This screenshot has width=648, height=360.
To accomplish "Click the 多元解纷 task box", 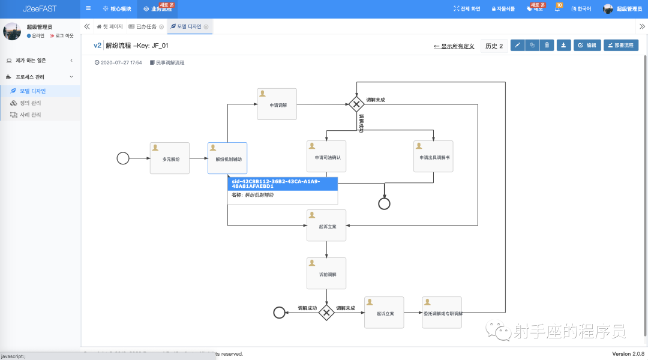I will click(170, 158).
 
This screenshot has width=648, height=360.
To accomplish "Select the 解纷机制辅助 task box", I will click(227, 158).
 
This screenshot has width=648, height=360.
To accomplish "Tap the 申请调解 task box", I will click(277, 104).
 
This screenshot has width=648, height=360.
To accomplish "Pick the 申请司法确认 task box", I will click(326, 157).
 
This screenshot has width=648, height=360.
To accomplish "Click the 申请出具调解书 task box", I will click(433, 157).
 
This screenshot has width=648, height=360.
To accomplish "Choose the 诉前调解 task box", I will click(326, 274).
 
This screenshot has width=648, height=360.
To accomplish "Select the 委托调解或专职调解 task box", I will click(442, 313).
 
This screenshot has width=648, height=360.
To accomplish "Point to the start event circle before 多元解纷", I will click(123, 158).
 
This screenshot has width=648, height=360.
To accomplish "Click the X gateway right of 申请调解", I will click(356, 104).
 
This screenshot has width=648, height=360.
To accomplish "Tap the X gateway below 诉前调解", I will click(326, 313).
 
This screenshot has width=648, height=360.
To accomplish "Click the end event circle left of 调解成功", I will click(279, 312).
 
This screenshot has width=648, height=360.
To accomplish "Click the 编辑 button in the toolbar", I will click(587, 45).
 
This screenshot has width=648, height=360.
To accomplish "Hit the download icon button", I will click(563, 45).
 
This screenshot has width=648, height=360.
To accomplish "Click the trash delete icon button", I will click(547, 45).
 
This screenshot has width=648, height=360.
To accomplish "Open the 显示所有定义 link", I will click(454, 46).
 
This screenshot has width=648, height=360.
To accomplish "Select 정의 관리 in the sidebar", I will click(30, 103).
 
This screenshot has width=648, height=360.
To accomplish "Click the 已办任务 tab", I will click(146, 26).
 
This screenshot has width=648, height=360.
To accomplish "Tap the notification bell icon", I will click(557, 9).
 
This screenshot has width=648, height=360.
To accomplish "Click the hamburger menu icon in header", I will click(88, 8).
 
